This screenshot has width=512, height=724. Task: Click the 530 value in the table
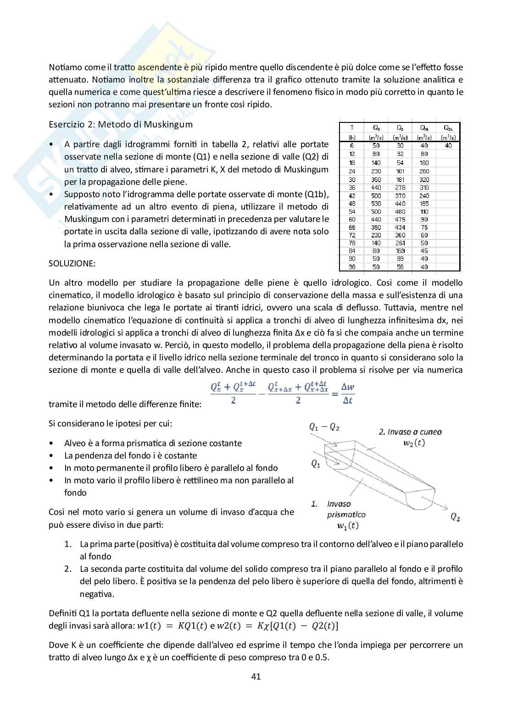(376, 203)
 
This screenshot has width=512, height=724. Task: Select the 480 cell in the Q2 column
(400, 211)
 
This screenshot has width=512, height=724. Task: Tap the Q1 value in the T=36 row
(376, 187)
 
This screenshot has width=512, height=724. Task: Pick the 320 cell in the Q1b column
(424, 179)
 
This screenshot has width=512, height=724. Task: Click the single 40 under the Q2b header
(448, 145)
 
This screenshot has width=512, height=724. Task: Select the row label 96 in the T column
(352, 266)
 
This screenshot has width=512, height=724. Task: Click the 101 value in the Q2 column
(400, 171)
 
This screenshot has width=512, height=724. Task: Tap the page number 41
(256, 676)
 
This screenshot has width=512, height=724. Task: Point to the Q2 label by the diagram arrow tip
(455, 517)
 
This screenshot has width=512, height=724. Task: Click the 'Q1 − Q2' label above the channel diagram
(324, 427)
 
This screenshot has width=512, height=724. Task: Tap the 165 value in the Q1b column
(424, 203)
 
